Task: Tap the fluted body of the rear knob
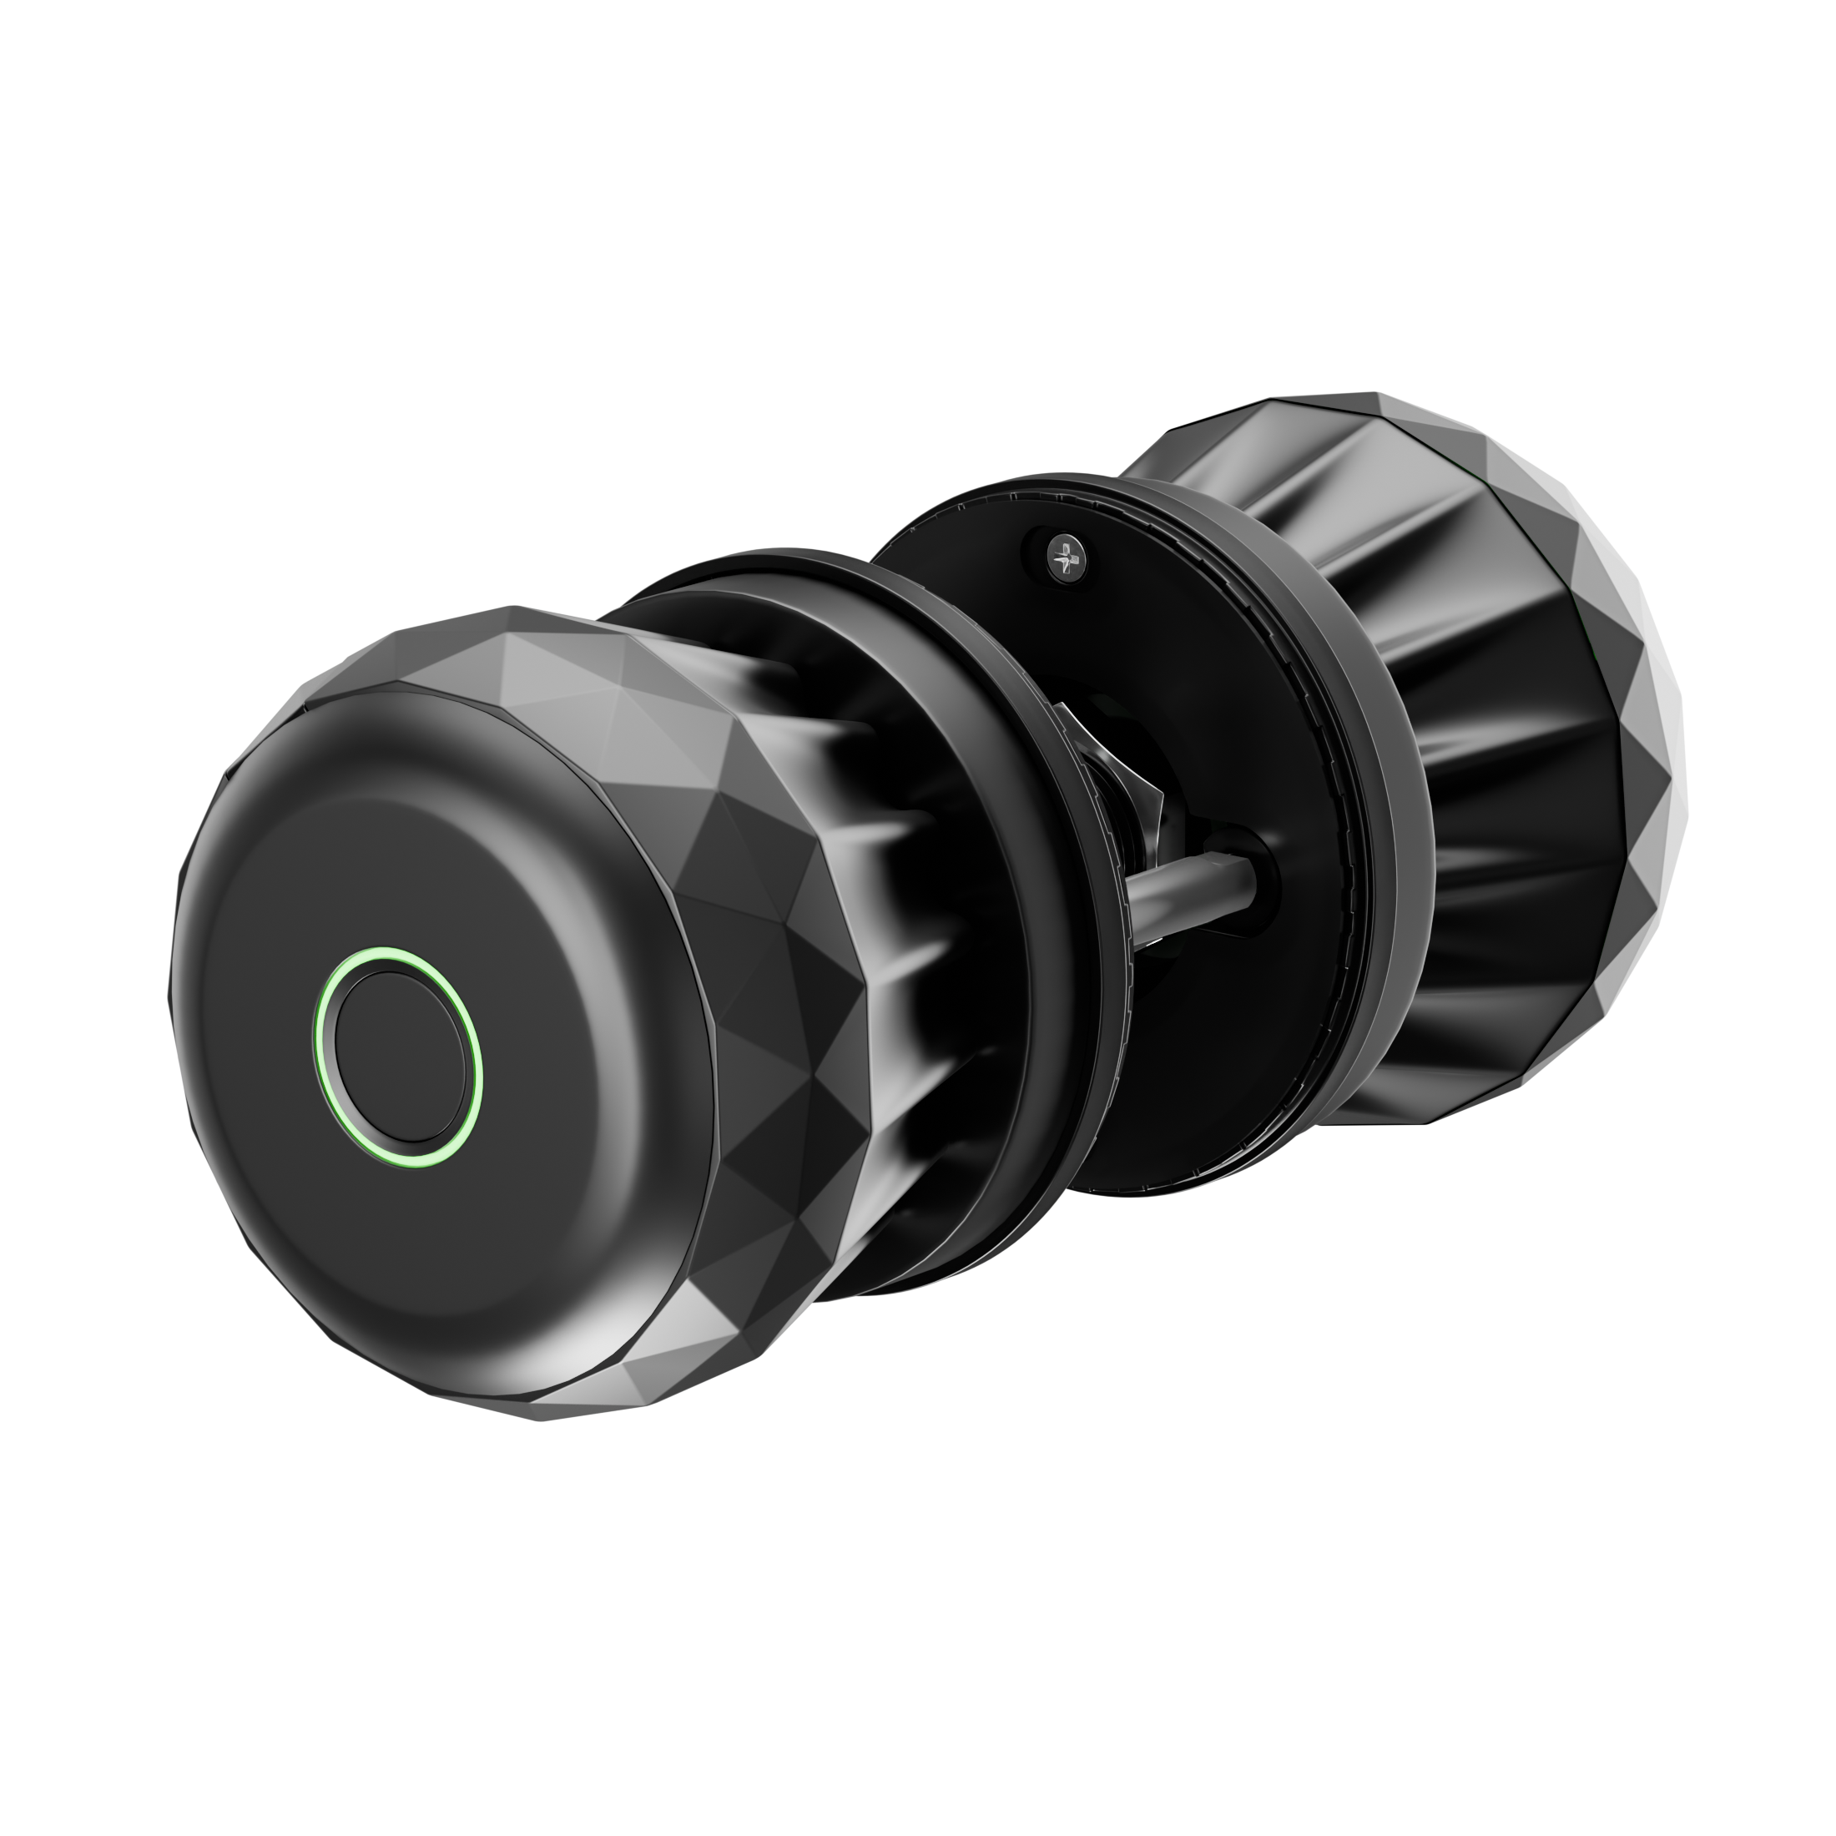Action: [x=1482, y=760]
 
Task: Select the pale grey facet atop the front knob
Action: [x=532, y=656]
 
